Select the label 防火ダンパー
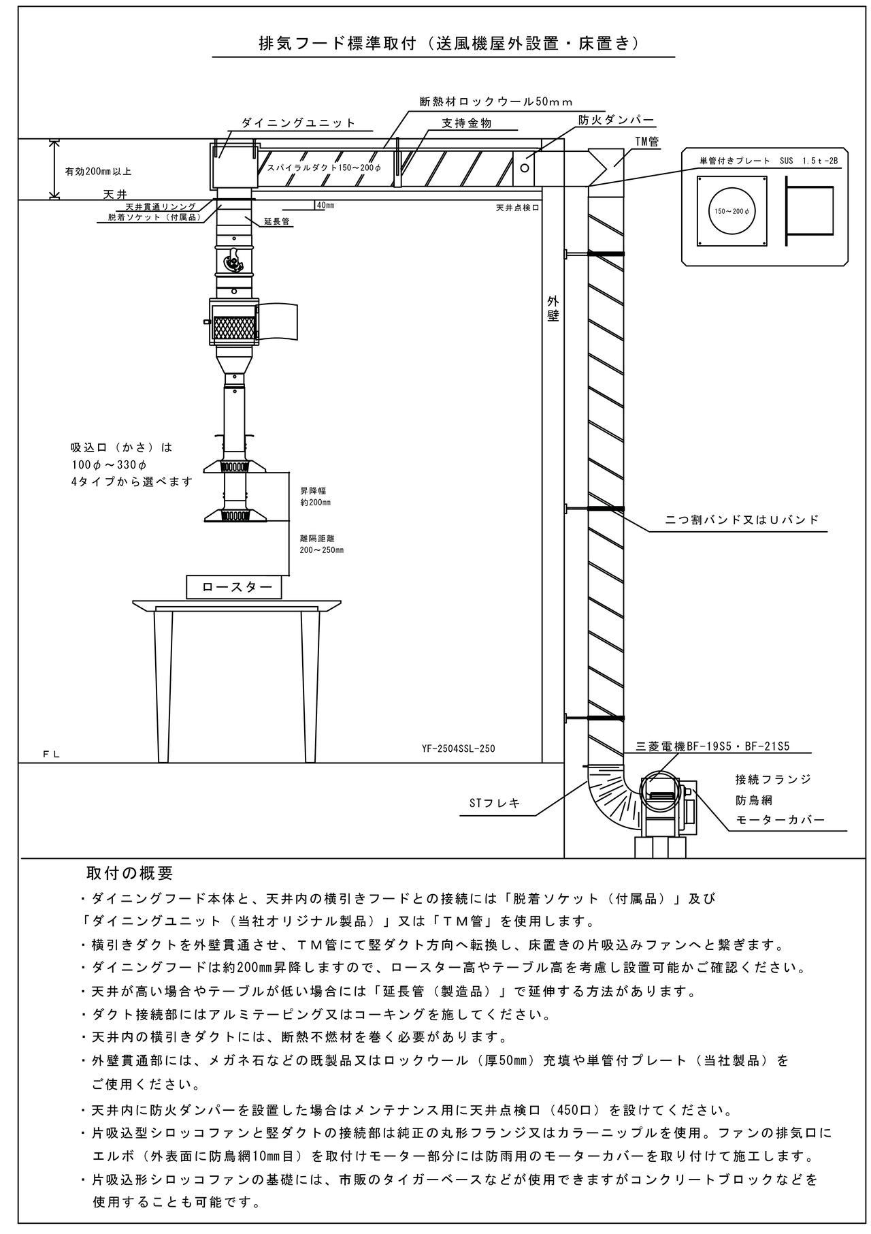pos(616,120)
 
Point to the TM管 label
pos(646,142)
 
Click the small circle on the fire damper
pos(525,167)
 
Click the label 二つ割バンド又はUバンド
pos(742,520)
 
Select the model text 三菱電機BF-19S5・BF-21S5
pos(712,746)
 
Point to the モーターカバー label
pos(780,819)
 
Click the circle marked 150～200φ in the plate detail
pos(732,210)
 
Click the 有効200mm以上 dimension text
pos(98,172)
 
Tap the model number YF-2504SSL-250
pos(458,748)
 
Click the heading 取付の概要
pos(130,872)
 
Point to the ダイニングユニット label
pos(299,123)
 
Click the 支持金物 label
pos(466,123)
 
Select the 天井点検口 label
pos(517,207)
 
